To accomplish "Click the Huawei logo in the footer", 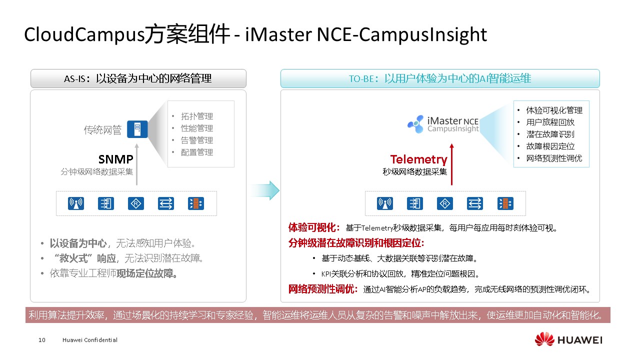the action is [568, 339].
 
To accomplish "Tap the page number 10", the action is [41, 340].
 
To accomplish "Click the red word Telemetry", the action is [419, 159].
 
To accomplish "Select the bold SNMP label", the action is [115, 159].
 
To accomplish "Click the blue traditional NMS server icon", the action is [137, 129].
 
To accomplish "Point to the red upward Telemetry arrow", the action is [451, 164].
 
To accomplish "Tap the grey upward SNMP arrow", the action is [137, 164].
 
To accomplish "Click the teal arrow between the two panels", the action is [265, 190].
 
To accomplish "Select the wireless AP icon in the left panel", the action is [76, 203].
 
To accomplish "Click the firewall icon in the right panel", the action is [505, 203].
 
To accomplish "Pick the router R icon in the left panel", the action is [136, 203].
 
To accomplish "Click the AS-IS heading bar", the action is [138, 78].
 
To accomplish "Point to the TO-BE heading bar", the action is [440, 78].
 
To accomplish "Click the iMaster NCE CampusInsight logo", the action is [443, 124].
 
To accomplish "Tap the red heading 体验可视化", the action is [313, 227].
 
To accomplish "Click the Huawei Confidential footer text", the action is [89, 340].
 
